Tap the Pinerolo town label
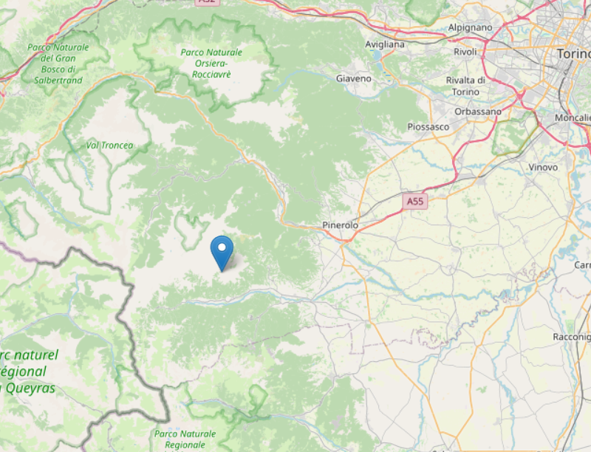(341, 225)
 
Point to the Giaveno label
(354, 78)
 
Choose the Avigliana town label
(385, 44)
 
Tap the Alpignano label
(470, 27)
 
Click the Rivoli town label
(465, 52)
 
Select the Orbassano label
(478, 112)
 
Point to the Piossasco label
(428, 127)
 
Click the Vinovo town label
(543, 168)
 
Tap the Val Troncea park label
(109, 145)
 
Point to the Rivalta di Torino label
(465, 86)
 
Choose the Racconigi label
(572, 337)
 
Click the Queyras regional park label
(30, 371)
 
